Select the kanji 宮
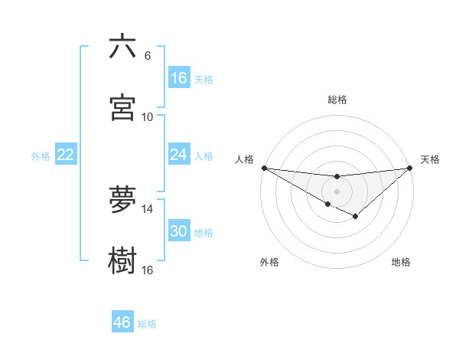(x=122, y=106)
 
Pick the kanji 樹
(x=122, y=260)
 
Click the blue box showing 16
(x=178, y=78)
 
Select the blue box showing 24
(x=178, y=155)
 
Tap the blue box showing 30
(x=178, y=231)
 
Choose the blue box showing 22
(x=65, y=155)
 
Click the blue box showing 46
(x=122, y=322)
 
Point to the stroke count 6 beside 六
(x=148, y=56)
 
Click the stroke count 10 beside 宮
(x=148, y=117)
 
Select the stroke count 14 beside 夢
(x=148, y=209)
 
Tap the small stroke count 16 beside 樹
(x=148, y=270)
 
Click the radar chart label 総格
(x=337, y=100)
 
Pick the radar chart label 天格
(x=431, y=159)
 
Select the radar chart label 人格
(x=244, y=159)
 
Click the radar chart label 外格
(x=269, y=262)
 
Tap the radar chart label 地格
(x=401, y=262)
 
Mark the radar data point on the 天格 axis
(x=411, y=168)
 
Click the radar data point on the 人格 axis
(x=264, y=168)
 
